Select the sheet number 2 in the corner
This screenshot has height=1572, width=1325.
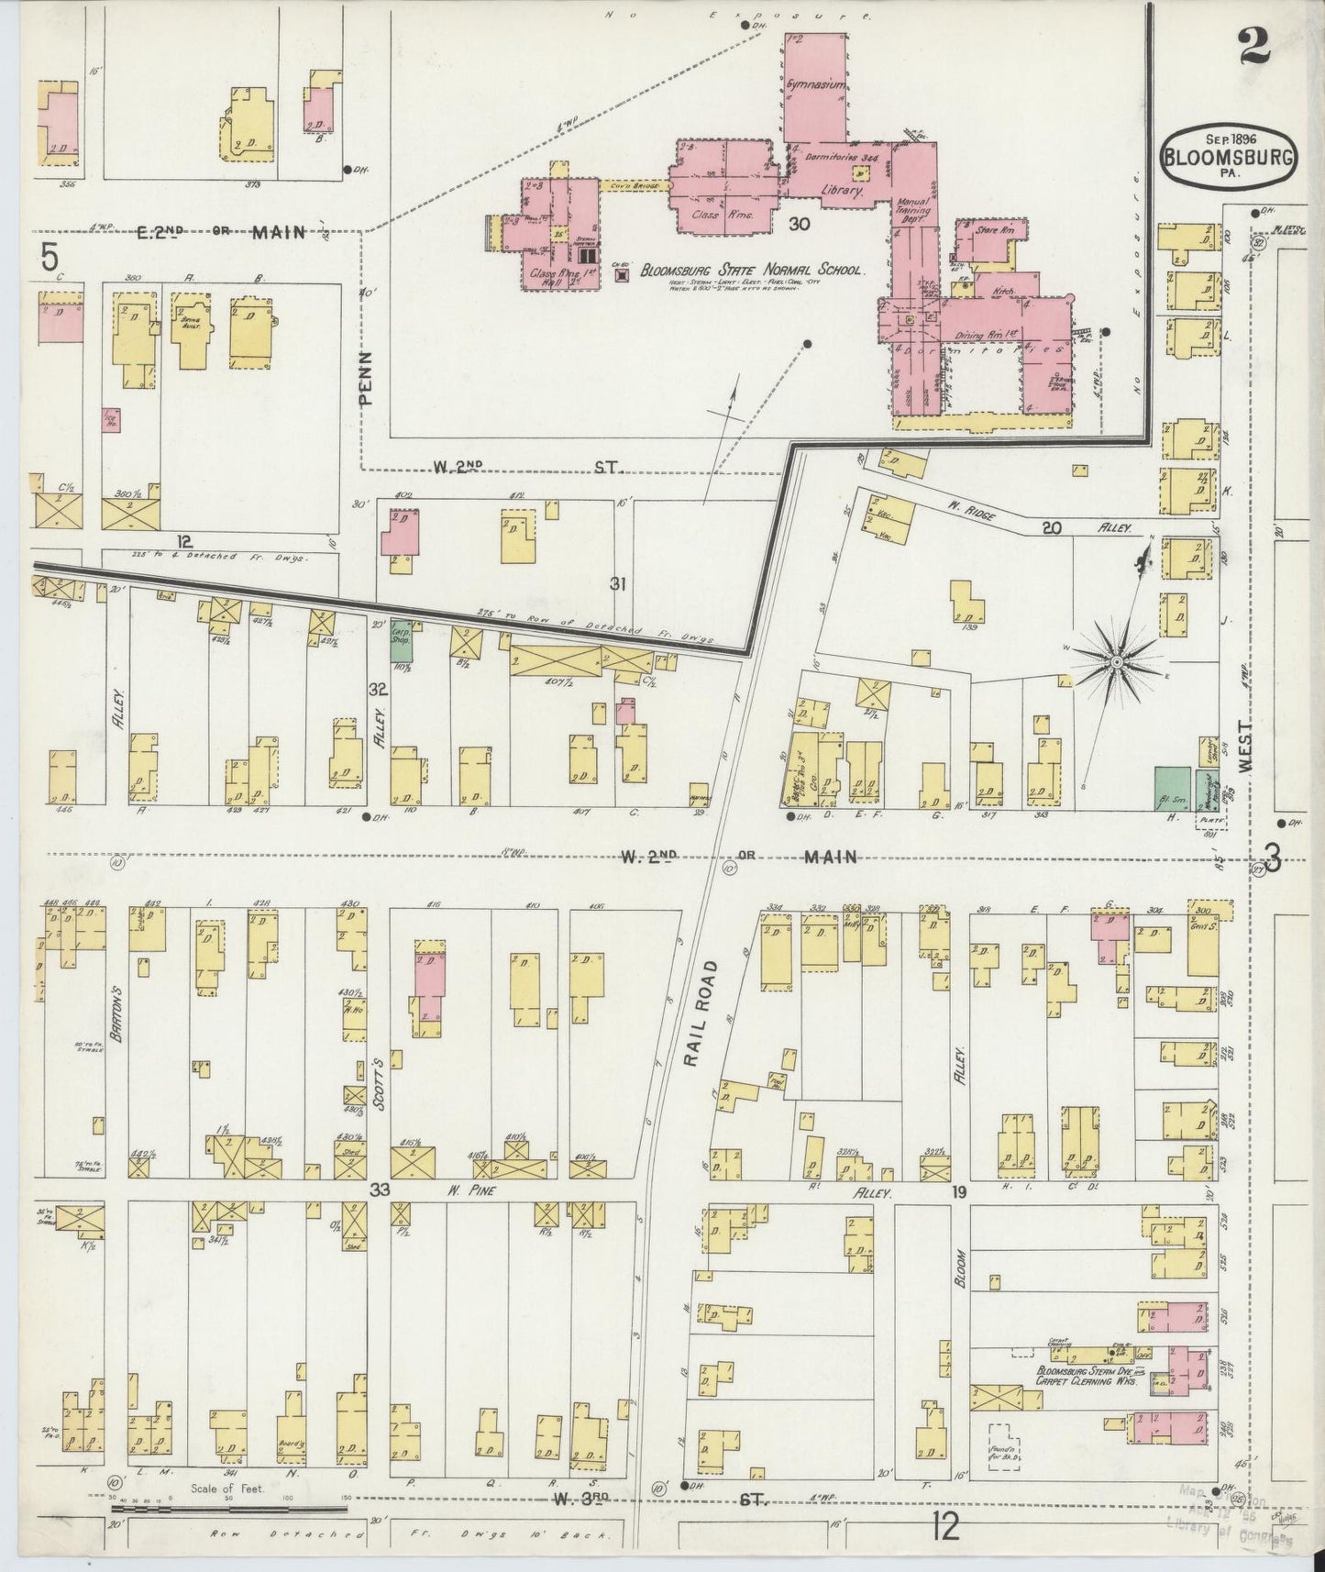(1253, 48)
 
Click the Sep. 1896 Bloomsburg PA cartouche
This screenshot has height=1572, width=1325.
(1231, 156)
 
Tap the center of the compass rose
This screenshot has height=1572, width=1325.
(1117, 661)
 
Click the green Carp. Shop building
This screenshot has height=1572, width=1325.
(401, 639)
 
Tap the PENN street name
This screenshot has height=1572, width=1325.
(365, 377)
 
